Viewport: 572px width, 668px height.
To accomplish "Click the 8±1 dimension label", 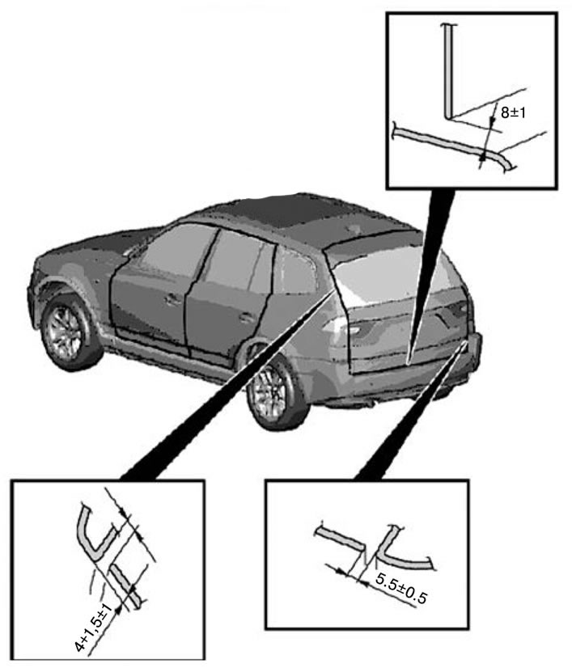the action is [x=513, y=113].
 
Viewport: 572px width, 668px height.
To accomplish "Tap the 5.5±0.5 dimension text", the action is [x=401, y=588].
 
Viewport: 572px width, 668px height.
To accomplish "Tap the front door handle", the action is [x=172, y=299].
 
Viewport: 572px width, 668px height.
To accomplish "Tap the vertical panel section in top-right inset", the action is [x=447, y=71].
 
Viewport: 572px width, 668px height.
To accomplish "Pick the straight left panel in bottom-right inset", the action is [x=341, y=538].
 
